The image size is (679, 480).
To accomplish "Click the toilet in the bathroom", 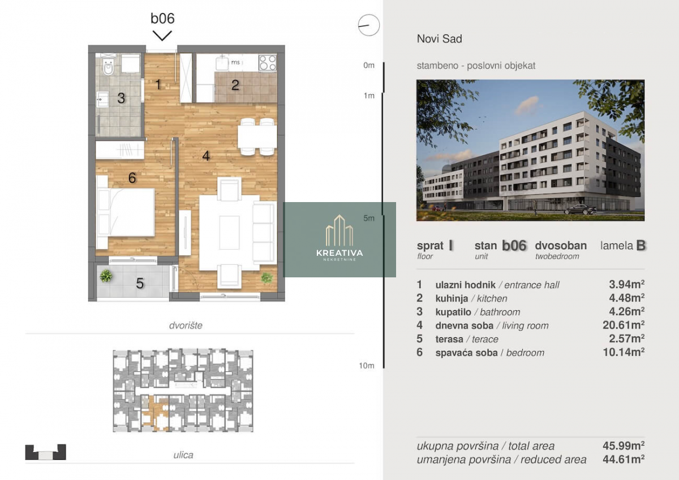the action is [108, 67].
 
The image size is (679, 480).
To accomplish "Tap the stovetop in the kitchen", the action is [267, 62].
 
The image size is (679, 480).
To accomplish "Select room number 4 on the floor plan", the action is [206, 156].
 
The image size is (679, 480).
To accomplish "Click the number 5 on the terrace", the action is [140, 283].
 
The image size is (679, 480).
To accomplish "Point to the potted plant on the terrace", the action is [106, 276].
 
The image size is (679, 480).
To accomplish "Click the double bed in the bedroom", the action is [125, 212].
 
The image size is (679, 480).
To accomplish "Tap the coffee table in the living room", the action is [229, 232].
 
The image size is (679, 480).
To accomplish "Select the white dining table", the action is [257, 137].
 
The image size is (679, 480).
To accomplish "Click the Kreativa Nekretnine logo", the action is [339, 239].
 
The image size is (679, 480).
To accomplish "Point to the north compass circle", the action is [368, 25].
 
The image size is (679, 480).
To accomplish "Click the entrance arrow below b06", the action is [162, 36].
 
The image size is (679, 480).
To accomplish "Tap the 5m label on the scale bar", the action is [369, 218].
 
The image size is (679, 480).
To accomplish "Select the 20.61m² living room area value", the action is [624, 325].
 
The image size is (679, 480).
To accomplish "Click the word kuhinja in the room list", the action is [452, 299].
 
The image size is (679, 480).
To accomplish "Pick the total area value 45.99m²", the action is [624, 445].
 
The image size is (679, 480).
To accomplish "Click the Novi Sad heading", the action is [440, 39].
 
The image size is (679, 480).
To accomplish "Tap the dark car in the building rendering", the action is [580, 209].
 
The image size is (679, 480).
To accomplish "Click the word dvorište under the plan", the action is [186, 325].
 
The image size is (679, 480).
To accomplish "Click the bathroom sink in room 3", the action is [102, 99].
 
